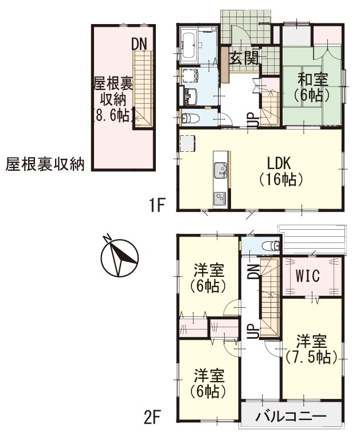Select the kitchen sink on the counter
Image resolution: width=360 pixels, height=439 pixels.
[220, 171]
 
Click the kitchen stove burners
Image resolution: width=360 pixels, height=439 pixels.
[220, 198]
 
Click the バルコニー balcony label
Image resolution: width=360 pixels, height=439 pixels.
[291, 416]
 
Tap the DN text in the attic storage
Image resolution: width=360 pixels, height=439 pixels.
[139, 44]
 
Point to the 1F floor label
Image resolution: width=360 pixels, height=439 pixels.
[158, 205]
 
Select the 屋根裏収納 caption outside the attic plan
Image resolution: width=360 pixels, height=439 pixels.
[45, 165]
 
